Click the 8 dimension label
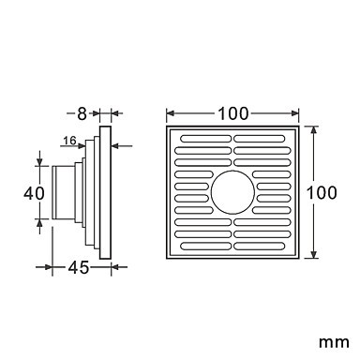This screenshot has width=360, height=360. [82, 114]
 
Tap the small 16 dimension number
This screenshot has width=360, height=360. [69, 141]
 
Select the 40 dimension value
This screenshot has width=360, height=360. [34, 193]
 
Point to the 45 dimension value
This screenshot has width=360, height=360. [79, 267]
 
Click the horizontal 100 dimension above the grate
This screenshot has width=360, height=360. [233, 113]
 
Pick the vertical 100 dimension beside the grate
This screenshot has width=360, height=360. [322, 192]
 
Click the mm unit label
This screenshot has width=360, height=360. [334, 342]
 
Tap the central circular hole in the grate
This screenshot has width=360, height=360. [232, 192]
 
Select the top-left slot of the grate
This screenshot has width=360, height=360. [206, 139]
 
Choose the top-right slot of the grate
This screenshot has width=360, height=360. [260, 139]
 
